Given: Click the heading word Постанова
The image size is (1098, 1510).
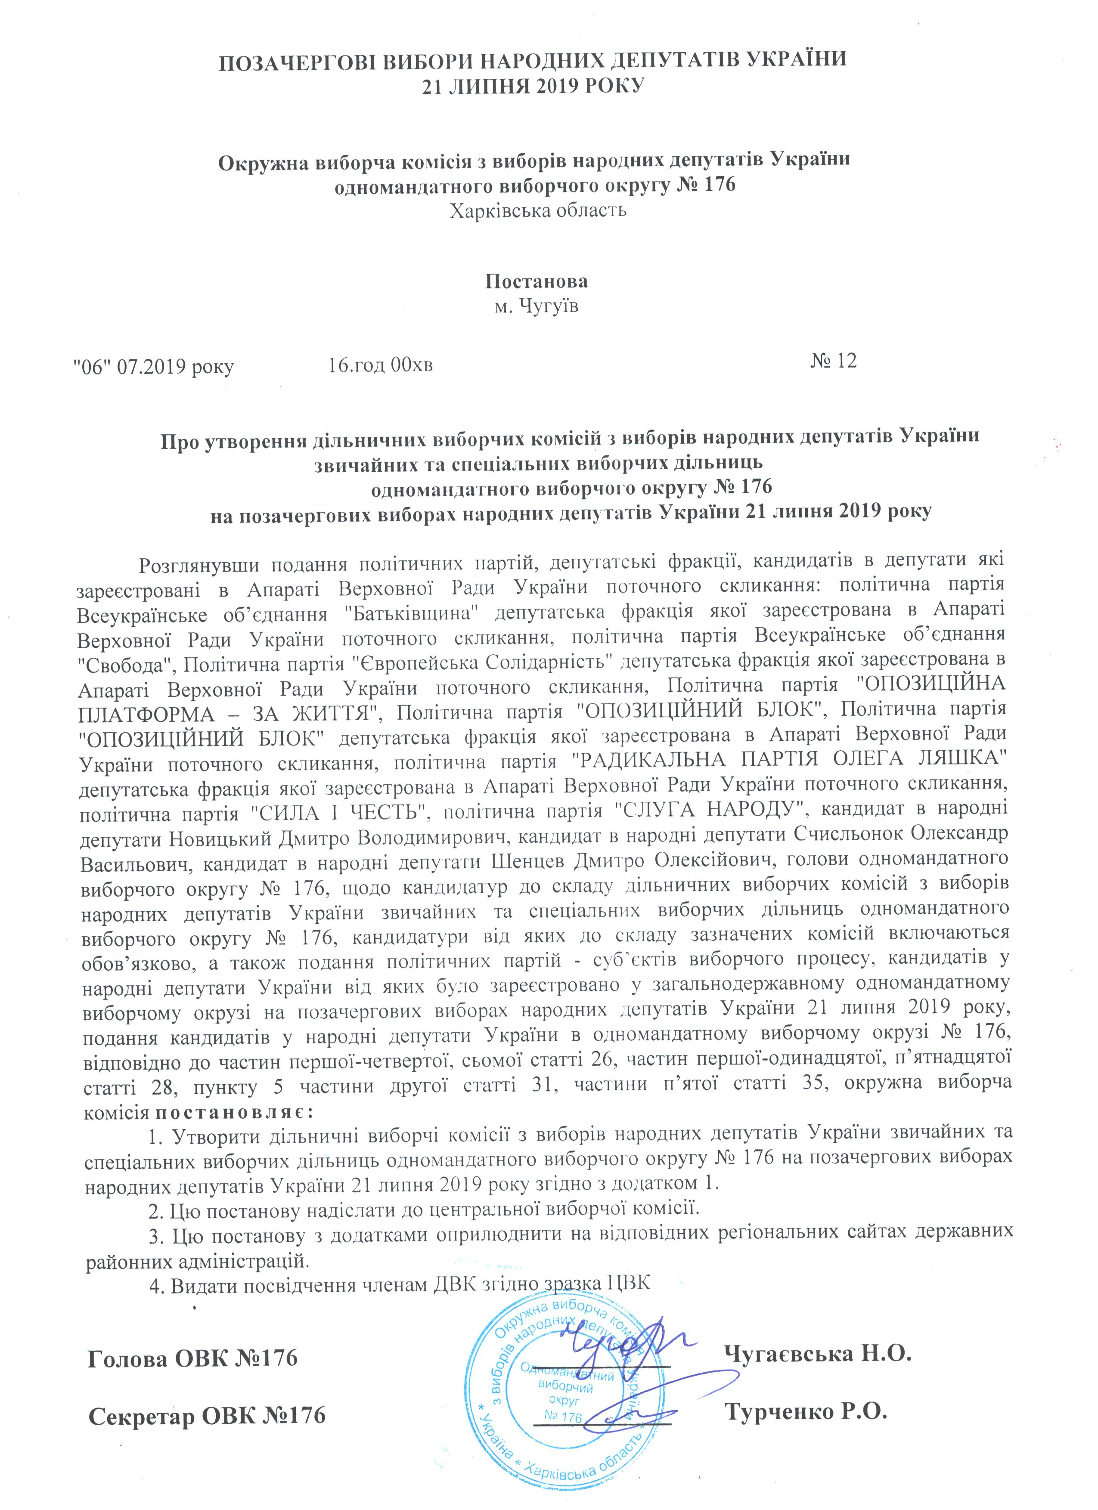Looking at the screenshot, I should pyautogui.click(x=536, y=281).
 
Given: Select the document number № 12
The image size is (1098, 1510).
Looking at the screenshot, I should pyautogui.click(x=834, y=362).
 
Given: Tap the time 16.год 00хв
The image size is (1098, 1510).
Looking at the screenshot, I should pyautogui.click(x=381, y=365).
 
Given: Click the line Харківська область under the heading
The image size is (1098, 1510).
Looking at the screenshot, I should pyautogui.click(x=538, y=212).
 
